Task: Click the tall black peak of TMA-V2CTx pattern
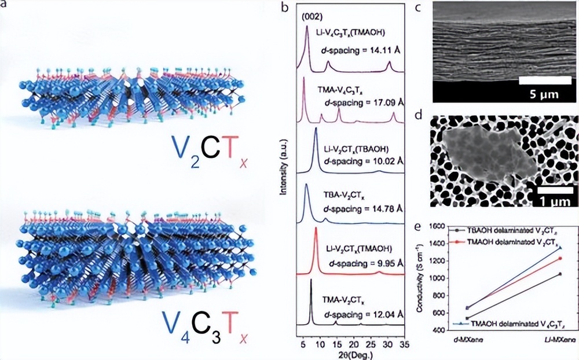point(311,281)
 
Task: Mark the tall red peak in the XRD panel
point(316,230)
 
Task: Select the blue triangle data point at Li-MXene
point(560,248)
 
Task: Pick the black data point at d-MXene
point(467,318)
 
